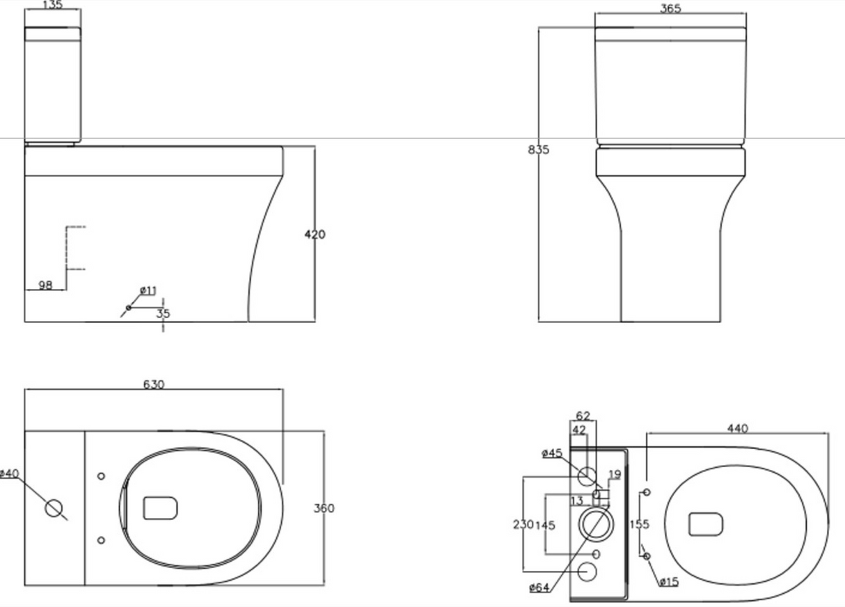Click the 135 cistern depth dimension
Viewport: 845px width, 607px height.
(53, 5)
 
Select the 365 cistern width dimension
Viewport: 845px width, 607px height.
(671, 8)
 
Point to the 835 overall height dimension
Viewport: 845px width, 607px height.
(538, 150)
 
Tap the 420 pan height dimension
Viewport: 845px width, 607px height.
(315, 235)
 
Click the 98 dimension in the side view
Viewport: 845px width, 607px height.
(45, 285)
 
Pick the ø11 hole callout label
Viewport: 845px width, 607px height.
(148, 290)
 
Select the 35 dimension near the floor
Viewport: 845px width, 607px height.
(164, 313)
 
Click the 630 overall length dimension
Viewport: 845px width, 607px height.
(154, 384)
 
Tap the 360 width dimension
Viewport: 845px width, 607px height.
(324, 508)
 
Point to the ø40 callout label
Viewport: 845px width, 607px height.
(10, 473)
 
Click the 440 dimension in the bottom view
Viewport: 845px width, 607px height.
(738, 429)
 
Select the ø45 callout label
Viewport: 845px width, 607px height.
(552, 453)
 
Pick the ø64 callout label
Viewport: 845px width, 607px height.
(539, 588)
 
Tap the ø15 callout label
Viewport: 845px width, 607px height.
(669, 582)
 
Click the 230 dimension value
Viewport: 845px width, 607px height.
(523, 524)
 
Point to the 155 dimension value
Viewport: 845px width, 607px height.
(640, 524)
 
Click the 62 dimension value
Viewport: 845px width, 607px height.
(583, 416)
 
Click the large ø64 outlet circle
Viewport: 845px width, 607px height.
(596, 524)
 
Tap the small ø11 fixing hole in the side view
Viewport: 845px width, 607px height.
(129, 308)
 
